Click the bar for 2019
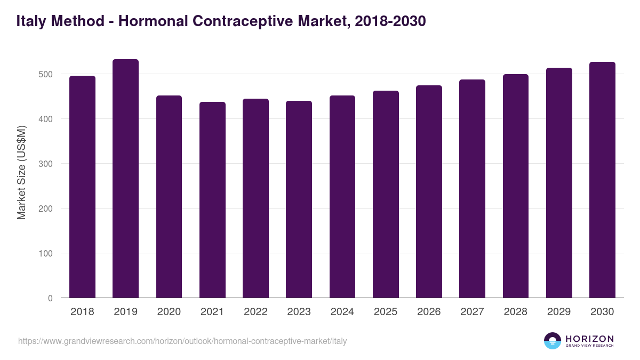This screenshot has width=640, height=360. click(x=125, y=179)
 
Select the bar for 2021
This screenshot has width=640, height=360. click(x=212, y=200)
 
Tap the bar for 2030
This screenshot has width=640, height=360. click(x=602, y=180)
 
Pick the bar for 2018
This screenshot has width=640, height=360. click(x=82, y=187)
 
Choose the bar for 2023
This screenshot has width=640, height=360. click(x=299, y=199)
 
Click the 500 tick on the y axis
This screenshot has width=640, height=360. click(x=46, y=74)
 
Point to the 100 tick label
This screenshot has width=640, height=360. click(x=46, y=253)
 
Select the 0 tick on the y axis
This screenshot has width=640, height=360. click(x=50, y=298)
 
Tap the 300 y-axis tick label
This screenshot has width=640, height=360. click(x=46, y=164)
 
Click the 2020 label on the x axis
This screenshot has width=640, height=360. click(x=169, y=312)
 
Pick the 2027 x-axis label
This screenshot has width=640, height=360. click(x=472, y=312)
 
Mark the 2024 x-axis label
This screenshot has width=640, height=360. click(x=342, y=312)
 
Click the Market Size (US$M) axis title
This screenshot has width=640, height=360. click(x=22, y=172)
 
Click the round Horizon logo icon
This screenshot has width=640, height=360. click(x=553, y=341)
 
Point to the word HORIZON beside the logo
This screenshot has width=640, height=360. click(x=589, y=339)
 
